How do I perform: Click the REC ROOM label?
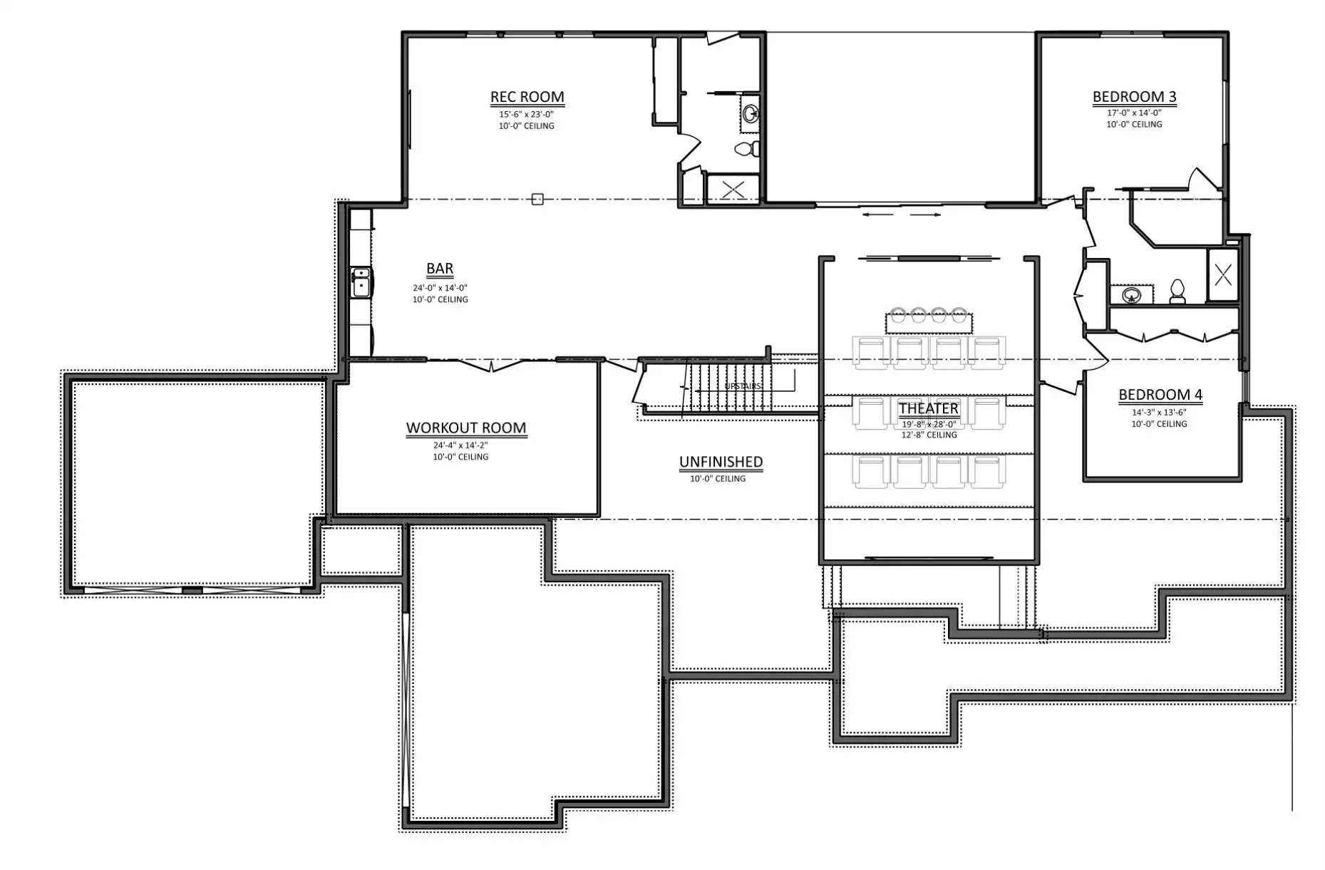[527, 97]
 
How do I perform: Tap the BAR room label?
[440, 269]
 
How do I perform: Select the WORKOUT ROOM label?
[466, 428]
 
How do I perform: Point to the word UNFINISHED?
[721, 462]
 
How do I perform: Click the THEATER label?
[929, 408]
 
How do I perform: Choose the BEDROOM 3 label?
[1134, 97]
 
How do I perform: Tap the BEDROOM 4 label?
[1160, 395]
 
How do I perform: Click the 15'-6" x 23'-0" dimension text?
[526, 114]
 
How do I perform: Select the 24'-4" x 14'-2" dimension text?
[460, 445]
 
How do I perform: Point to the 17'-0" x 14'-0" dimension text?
[1134, 113]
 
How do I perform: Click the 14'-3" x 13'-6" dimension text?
[1159, 412]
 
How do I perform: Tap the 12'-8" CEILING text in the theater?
[929, 435]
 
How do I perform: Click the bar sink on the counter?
[361, 282]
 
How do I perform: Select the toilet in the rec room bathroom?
[746, 149]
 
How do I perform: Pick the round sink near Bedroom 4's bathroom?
[1131, 294]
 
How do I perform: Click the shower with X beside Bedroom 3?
[1223, 274]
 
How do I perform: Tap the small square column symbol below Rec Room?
[537, 200]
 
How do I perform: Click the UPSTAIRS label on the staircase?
[743, 386]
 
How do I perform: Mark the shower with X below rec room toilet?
[733, 189]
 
